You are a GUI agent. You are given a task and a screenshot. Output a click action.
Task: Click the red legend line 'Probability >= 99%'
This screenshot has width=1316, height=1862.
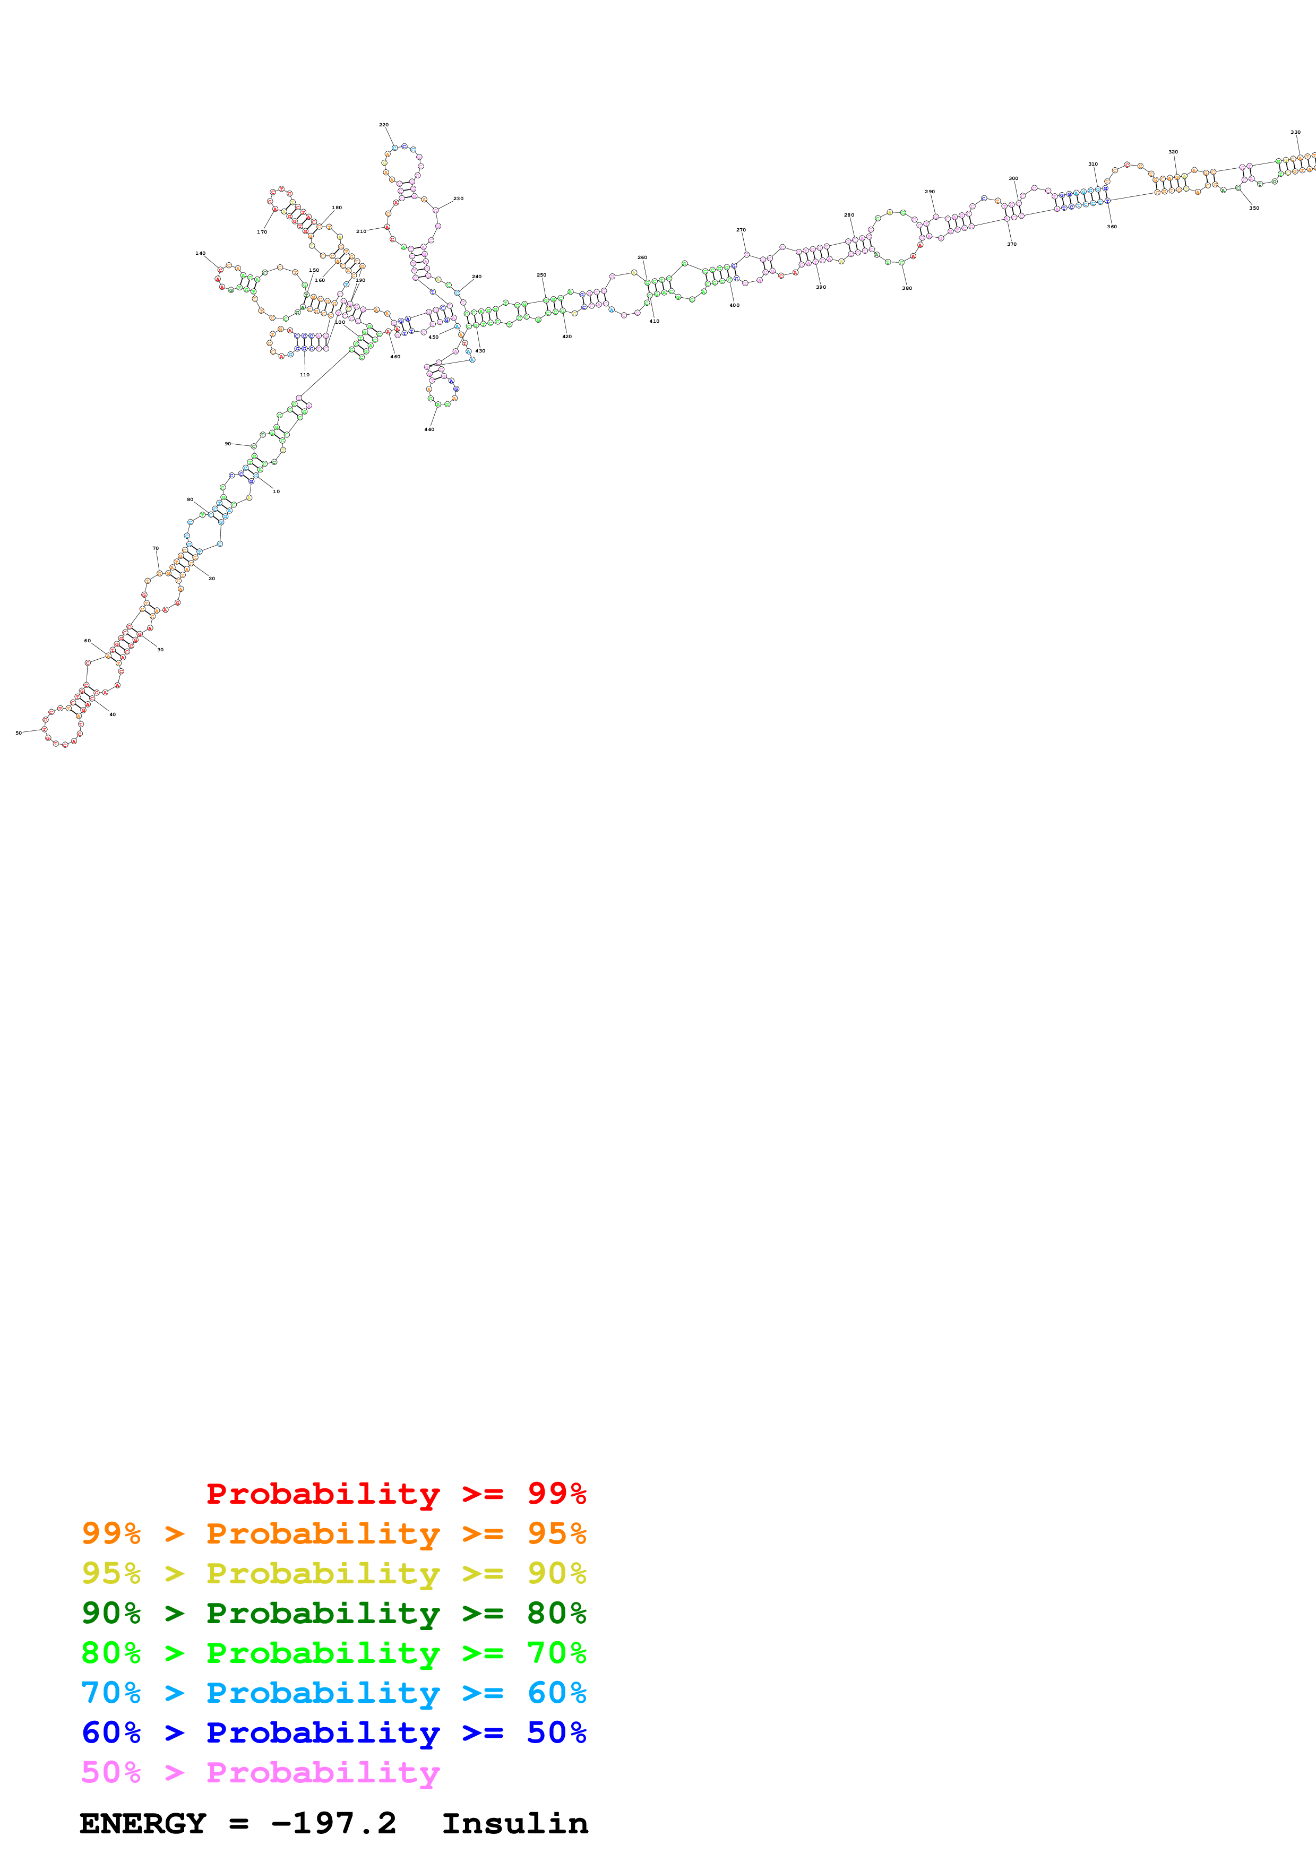pos(395,1494)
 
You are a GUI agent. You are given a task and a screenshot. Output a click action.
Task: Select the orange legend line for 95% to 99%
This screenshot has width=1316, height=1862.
pos(333,1533)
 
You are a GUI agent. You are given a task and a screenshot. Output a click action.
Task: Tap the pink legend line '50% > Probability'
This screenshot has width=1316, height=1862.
pos(260,1772)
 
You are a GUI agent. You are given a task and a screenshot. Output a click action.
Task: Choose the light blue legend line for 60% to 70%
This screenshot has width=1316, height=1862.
pos(333,1693)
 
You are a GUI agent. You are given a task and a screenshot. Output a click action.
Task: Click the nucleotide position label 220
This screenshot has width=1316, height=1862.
pos(383,125)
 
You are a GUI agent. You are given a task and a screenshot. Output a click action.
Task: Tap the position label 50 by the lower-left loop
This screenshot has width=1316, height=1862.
pos(19,733)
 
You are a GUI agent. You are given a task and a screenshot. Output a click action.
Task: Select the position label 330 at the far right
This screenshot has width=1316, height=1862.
pos(1295,132)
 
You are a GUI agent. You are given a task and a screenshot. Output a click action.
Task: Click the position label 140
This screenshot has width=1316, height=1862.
pos(200,254)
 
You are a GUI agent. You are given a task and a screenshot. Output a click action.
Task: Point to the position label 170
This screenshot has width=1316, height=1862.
pos(262,232)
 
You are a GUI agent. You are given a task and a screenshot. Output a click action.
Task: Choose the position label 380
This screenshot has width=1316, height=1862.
pos(907,288)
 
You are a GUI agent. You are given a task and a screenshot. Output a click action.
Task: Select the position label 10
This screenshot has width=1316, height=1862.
pos(276,492)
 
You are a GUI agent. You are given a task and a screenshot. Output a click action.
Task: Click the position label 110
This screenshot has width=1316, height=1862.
pos(304,375)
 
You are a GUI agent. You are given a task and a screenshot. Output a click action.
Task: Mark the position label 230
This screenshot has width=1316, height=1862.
pos(458,199)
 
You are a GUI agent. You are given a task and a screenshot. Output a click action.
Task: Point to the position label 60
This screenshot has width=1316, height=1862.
pos(88,641)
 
